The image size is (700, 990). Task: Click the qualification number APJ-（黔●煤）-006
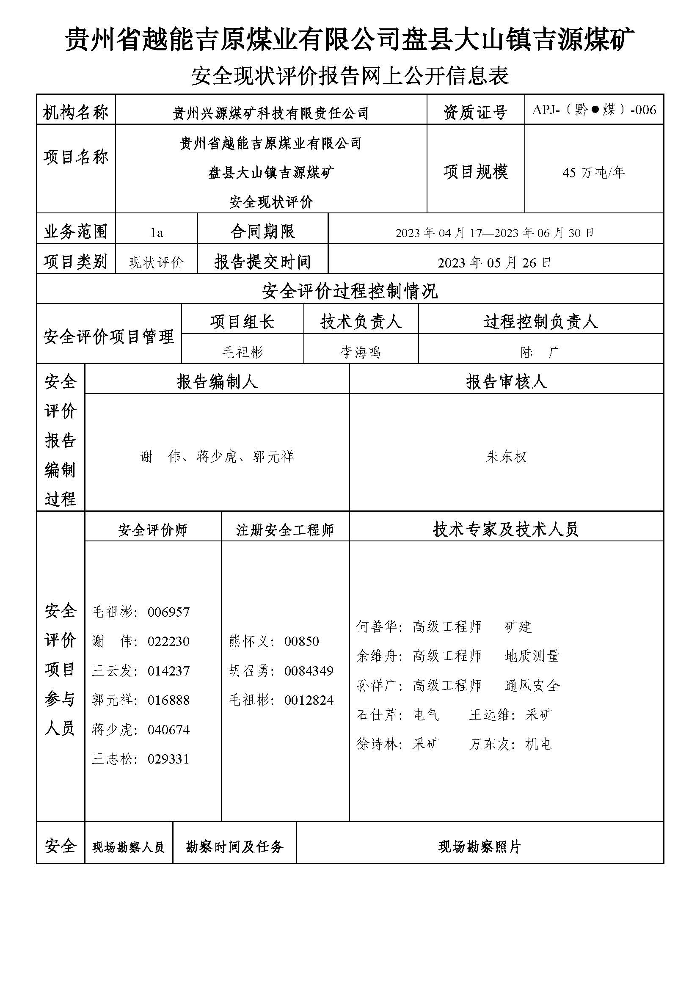coord(594,110)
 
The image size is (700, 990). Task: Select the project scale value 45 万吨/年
coord(593,173)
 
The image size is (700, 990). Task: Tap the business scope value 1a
coord(157,233)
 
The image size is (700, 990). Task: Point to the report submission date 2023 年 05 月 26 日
coord(494,262)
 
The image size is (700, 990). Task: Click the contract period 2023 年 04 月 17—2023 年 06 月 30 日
coord(495,233)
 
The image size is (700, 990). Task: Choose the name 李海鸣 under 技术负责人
coord(361,352)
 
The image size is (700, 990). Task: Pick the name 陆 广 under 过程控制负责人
coord(540,352)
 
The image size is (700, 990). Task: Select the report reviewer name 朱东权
coord(507,457)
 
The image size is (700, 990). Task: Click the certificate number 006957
coord(168,612)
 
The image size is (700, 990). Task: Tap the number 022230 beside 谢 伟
coord(168,641)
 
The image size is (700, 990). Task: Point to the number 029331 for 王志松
coord(168,759)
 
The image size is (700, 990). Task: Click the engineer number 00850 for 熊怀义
coord(302,641)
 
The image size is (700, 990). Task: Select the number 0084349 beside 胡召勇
coord(309,671)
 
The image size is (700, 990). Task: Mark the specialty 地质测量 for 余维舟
coord(532,656)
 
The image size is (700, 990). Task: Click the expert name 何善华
coord(377,627)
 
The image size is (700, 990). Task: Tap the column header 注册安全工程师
coord(285,530)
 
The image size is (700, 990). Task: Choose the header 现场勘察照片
coord(480,847)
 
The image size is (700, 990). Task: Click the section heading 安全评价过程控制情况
coord(350,292)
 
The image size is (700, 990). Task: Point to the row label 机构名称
coord(75,113)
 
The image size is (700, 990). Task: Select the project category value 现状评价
coord(157,262)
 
